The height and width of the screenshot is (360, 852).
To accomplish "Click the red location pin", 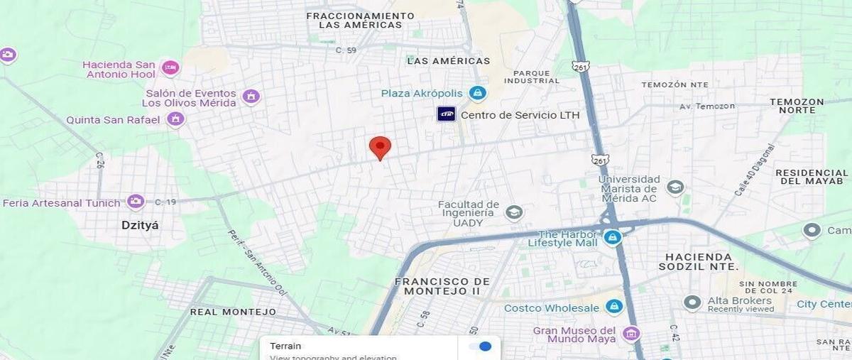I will (380, 148).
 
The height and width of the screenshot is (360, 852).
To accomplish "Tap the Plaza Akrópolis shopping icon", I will (478, 93).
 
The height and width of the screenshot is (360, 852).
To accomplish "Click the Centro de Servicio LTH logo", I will (446, 114).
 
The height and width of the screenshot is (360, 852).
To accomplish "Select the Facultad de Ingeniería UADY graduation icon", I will (513, 212).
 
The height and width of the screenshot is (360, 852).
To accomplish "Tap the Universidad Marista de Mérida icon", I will (675, 187).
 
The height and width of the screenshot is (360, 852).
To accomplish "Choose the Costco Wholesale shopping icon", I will (614, 307).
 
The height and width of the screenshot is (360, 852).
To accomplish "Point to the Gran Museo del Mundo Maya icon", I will (630, 333).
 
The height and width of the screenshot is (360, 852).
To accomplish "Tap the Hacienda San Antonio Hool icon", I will (170, 68).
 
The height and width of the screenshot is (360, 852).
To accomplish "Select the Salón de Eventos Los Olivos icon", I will (251, 97).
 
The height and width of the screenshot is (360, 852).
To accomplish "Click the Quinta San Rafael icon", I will (175, 119).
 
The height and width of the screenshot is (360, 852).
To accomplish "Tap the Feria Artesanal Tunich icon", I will (136, 202).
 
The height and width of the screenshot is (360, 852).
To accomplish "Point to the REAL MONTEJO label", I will (233, 312).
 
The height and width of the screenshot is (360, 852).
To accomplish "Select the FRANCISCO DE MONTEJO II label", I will (442, 286).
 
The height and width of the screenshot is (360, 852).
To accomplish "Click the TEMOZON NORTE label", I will (797, 106).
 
